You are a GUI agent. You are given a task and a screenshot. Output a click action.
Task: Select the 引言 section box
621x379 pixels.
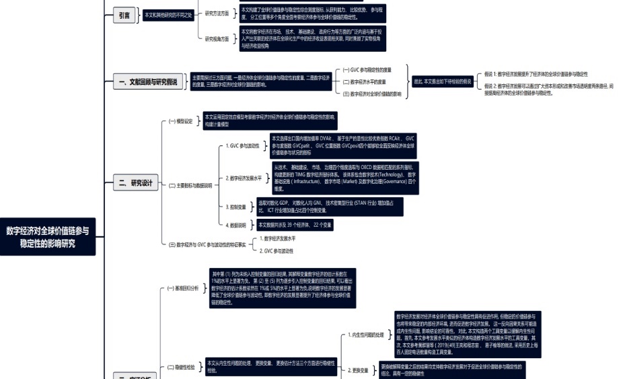click(124, 16)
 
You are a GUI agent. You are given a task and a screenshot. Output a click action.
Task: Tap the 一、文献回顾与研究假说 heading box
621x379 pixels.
click(147, 82)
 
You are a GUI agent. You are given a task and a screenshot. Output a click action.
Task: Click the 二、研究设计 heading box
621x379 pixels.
click(136, 183)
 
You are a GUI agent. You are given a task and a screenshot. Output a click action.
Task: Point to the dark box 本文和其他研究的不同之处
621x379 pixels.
click(168, 15)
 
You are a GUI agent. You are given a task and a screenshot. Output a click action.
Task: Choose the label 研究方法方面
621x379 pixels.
click(217, 13)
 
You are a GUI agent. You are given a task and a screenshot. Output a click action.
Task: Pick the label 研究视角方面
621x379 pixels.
click(217, 38)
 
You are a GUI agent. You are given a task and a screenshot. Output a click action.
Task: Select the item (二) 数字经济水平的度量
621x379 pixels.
click(364, 81)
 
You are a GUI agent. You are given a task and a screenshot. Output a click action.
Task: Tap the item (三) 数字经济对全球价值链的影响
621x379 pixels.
click(372, 94)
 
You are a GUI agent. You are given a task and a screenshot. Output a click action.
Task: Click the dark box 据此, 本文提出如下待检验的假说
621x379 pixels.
click(442, 81)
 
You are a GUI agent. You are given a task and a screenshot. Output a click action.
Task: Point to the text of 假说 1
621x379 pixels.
click(536, 73)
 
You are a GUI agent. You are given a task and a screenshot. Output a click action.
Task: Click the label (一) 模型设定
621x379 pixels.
click(180, 121)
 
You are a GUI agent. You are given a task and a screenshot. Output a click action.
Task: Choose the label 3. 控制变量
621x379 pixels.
click(237, 207)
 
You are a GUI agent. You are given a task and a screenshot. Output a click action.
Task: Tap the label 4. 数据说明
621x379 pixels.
click(237, 225)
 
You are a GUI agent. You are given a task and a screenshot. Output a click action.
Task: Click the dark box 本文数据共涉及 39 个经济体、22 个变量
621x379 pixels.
click(294, 225)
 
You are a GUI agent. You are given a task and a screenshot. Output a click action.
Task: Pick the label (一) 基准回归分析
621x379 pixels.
click(183, 287)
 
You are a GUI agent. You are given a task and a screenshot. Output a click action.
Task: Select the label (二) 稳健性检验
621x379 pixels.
click(182, 368)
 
